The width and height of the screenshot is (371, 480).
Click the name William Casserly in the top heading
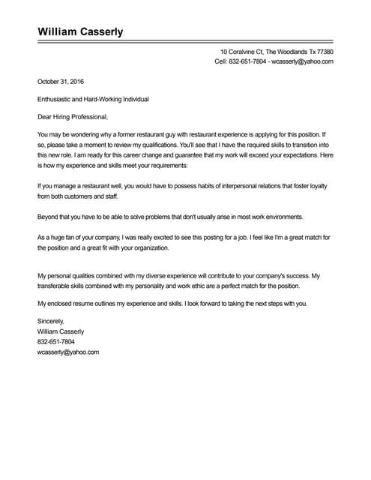(x=80, y=31)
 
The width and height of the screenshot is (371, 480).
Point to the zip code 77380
(x=325, y=52)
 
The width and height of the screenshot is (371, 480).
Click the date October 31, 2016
(x=61, y=81)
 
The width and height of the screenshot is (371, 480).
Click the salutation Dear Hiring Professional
(x=73, y=117)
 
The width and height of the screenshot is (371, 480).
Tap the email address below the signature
(x=68, y=351)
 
